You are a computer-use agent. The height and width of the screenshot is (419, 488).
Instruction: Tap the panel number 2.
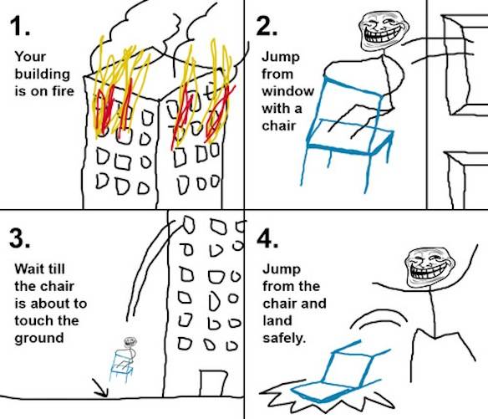tap(268, 28)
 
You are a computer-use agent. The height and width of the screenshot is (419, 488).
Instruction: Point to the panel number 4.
tap(268, 239)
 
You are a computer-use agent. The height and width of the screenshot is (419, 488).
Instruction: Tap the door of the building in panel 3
tap(214, 381)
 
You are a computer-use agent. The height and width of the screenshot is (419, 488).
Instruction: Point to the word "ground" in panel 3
tap(38, 338)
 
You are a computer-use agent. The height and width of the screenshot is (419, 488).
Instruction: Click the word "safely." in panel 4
tap(282, 338)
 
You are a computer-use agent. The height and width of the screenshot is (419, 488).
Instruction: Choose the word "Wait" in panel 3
tap(28, 270)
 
